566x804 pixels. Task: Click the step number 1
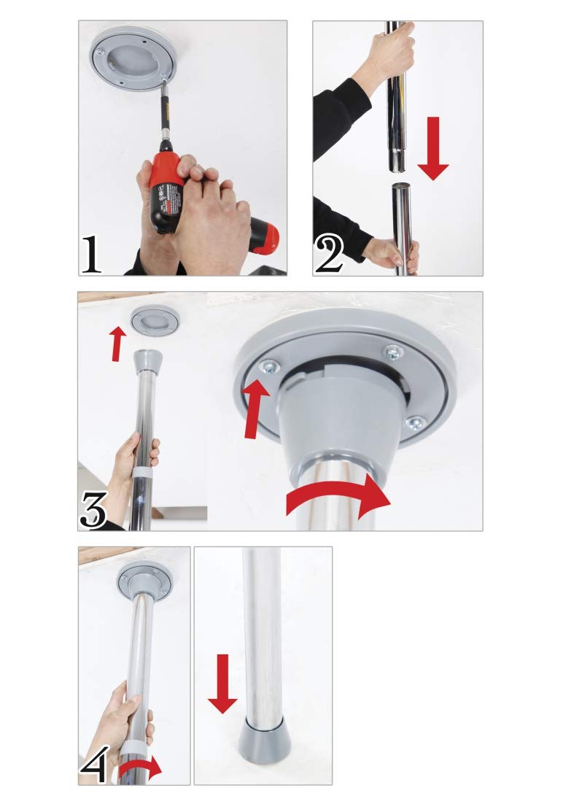pyautogui.click(x=91, y=254)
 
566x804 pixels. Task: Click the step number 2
pyautogui.click(x=329, y=255)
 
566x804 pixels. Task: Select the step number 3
pyautogui.click(x=94, y=509)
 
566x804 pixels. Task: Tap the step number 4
pyautogui.click(x=95, y=763)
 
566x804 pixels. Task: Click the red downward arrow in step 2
pyautogui.click(x=433, y=149)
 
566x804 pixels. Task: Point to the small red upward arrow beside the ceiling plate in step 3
pyautogui.click(x=118, y=344)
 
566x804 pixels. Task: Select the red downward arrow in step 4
pyautogui.click(x=222, y=684)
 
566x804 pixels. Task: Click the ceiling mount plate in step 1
pyautogui.click(x=133, y=58)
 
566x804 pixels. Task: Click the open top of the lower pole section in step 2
pyautogui.click(x=403, y=186)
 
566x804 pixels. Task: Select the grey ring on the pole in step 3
pyautogui.click(x=144, y=472)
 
